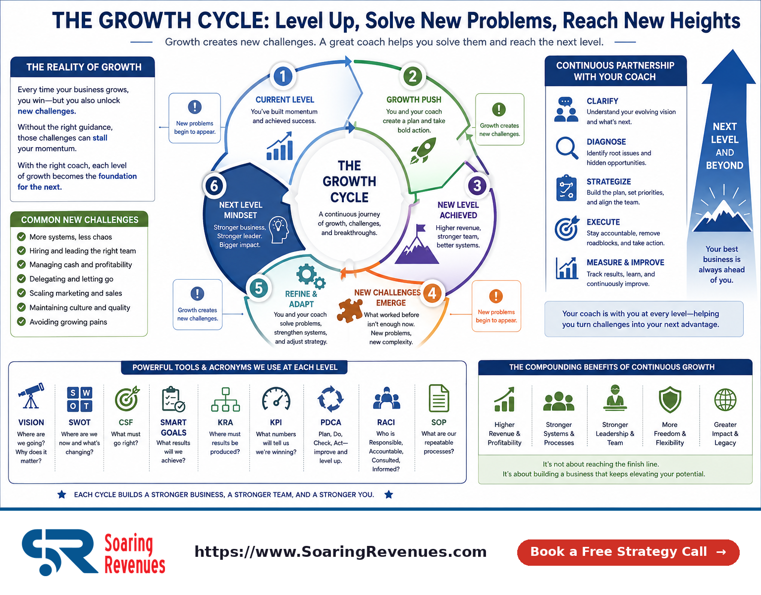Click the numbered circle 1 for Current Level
282,76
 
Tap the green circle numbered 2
413,76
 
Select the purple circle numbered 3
477,185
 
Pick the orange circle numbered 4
433,294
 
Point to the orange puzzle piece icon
349,310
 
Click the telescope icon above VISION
31,396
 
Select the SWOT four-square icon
79,399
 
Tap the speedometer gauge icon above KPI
276,399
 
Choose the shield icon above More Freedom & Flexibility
670,400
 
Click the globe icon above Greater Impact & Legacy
725,400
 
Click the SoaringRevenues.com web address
340,551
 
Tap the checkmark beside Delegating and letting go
21,279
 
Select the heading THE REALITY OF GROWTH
84,67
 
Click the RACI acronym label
386,422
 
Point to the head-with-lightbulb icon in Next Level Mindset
279,230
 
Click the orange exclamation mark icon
496,296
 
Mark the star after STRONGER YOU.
389,494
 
